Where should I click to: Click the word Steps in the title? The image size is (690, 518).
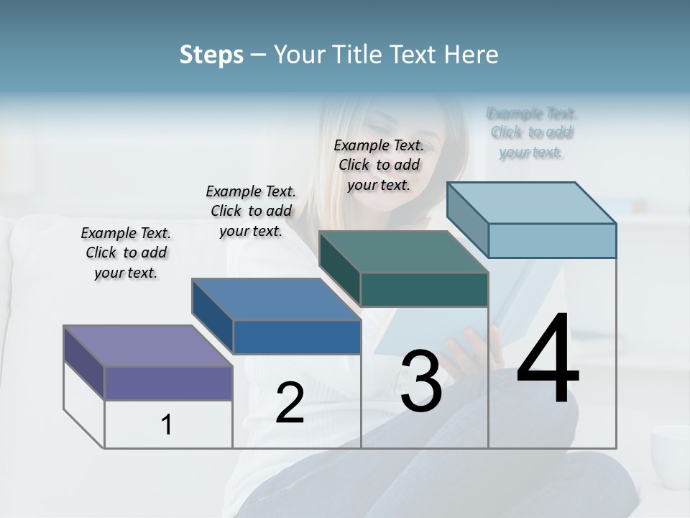tap(211, 55)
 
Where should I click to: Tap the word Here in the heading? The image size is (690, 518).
tap(470, 55)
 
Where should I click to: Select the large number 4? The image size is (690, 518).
tap(548, 360)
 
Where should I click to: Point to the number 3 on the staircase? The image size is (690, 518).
tap(421, 381)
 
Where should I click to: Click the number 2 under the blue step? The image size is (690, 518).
tap(290, 403)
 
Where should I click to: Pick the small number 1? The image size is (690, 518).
tap(167, 424)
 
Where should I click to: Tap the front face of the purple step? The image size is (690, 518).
tap(168, 383)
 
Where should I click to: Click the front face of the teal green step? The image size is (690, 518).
tap(424, 289)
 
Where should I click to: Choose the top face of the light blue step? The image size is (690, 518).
tap(532, 202)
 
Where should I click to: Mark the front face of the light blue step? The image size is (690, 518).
tap(552, 240)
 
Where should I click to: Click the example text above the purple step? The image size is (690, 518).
tap(126, 253)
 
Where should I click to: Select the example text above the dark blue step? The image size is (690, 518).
tap(251, 211)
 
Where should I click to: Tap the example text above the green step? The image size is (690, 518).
tap(379, 165)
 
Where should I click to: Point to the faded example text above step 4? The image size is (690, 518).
tap(531, 132)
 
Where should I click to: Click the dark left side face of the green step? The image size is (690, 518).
tap(339, 267)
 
